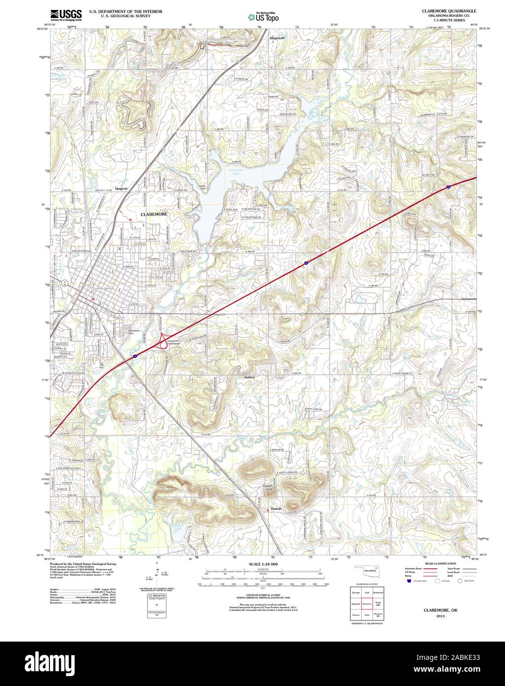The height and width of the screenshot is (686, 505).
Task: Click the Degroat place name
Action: pos(121,189)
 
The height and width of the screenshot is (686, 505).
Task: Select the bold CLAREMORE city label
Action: pos(154,215)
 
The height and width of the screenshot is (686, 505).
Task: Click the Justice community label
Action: pos(249,377)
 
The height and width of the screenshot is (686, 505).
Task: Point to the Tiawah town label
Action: pos(275,508)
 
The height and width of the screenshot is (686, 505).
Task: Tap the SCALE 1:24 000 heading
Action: pos(263,564)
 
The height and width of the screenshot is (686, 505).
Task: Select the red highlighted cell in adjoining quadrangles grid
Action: pos(367,603)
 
